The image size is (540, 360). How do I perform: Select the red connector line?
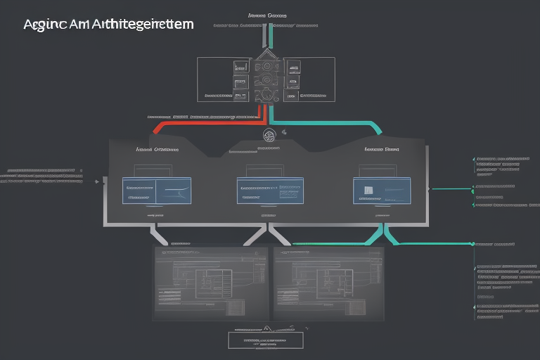[204, 122]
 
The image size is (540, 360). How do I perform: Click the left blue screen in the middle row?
[156, 191]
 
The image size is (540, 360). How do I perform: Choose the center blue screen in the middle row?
[270, 191]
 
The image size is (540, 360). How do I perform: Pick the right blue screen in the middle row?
[382, 190]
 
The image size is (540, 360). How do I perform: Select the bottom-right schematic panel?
[329, 281]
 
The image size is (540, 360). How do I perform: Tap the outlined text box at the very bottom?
[266, 340]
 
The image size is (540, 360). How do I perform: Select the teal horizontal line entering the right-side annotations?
[450, 188]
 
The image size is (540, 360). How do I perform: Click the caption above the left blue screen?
[156, 150]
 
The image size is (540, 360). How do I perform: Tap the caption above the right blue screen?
[382, 150]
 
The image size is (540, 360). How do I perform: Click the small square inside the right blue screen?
[368, 189]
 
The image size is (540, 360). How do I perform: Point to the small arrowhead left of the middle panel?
[97, 181]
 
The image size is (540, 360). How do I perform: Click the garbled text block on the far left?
[41, 176]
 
